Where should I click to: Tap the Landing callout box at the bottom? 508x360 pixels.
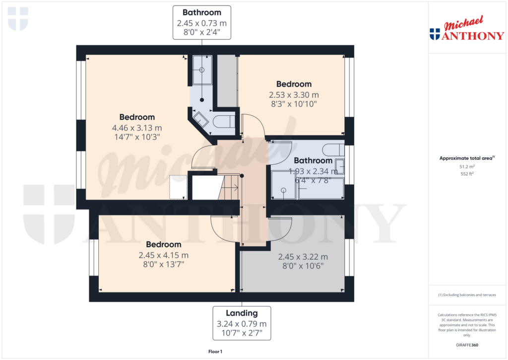pyautogui.click(x=242, y=323)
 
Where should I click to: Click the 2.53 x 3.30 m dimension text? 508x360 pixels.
pyautogui.click(x=294, y=95)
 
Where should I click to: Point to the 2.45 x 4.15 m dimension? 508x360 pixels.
pyautogui.click(x=163, y=255)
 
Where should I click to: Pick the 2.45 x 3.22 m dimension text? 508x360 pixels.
pyautogui.click(x=303, y=257)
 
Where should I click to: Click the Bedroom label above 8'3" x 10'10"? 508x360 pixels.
pyautogui.click(x=294, y=84)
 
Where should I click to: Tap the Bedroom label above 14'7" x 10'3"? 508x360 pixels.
pyautogui.click(x=137, y=117)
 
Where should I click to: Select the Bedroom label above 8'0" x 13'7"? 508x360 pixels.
pyautogui.click(x=163, y=245)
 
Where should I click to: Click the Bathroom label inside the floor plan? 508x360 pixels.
pyautogui.click(x=313, y=161)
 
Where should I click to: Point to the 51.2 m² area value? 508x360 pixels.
pyautogui.click(x=467, y=167)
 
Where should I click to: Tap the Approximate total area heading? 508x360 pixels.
pyautogui.click(x=467, y=158)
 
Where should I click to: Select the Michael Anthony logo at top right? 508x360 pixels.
pyautogui.click(x=467, y=29)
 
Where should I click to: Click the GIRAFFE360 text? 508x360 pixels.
pyautogui.click(x=467, y=345)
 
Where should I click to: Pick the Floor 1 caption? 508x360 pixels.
pyautogui.click(x=215, y=352)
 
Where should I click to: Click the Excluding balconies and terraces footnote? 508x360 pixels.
pyautogui.click(x=467, y=295)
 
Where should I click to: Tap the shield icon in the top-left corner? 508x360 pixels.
pyautogui.click(x=18, y=19)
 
